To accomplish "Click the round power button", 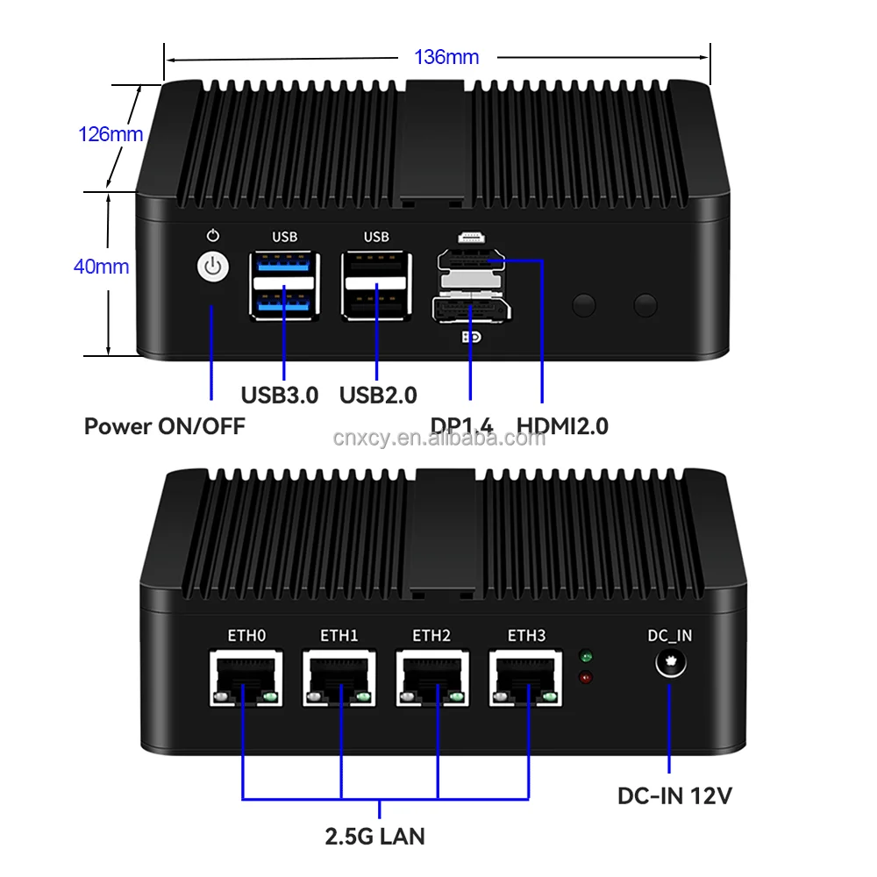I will pos(212,268).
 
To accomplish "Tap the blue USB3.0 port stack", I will pos(284,283).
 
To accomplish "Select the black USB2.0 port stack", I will pos(376,283).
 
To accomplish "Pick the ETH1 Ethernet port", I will pos(339,678).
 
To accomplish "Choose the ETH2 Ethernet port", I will pos(431,678).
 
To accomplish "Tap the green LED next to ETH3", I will pos(585,656).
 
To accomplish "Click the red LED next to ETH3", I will pos(585,677).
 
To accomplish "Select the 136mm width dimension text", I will pos(446,58).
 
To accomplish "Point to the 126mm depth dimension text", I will pos(111,134).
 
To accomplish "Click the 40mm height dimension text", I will pos(101,267).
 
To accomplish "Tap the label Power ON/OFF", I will pos(164,426).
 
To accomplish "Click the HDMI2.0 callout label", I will pos(562,426).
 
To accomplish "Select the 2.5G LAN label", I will pos(374,836).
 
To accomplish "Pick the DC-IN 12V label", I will pos(674,796).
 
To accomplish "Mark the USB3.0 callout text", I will pos(280,396).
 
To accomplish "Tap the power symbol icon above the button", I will pos(212,236).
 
